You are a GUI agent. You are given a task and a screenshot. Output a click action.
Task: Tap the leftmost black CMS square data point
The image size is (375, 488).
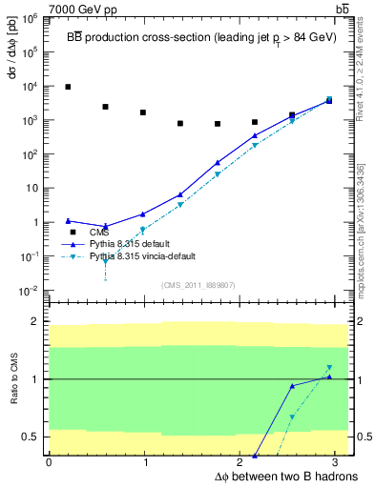click(68, 87)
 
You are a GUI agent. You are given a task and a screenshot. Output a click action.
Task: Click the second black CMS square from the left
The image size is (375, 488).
click(105, 107)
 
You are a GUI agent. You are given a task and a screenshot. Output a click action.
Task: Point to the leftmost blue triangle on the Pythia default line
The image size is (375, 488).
click(68, 220)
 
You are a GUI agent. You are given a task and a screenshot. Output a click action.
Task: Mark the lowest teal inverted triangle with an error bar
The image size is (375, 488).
click(105, 261)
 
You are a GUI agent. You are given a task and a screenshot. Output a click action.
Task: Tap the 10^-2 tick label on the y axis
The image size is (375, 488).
click(31, 290)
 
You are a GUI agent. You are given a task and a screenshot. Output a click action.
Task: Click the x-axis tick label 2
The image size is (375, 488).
click(241, 462)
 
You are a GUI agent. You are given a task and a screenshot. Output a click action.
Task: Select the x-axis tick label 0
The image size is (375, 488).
click(49, 462)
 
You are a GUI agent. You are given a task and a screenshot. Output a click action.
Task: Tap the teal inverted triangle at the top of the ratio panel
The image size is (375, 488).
click(329, 368)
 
